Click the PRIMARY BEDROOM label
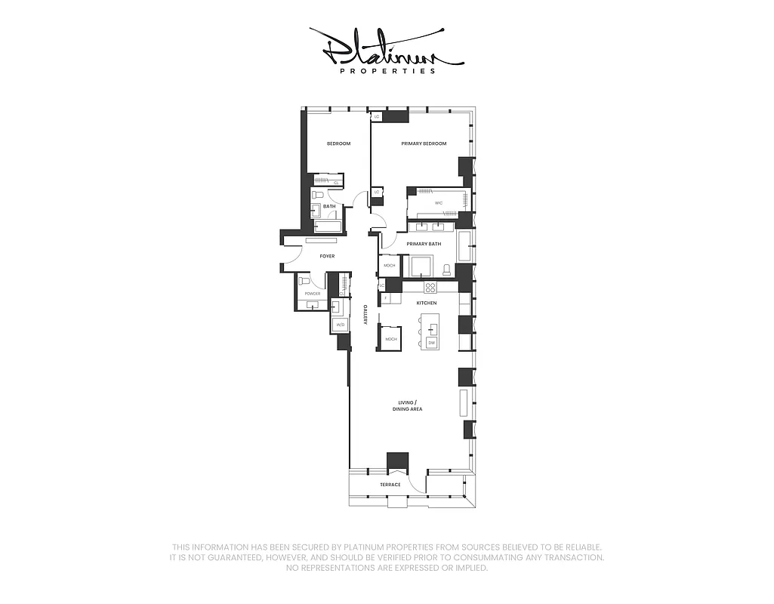point(424,143)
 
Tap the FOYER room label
point(327,257)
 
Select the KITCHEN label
point(427,303)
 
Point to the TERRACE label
point(390,484)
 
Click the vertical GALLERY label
point(365,315)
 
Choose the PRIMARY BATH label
point(424,244)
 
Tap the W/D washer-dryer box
point(340,325)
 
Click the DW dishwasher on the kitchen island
point(432,343)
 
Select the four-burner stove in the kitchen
point(430,287)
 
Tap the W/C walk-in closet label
point(438,204)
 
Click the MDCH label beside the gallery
point(390,339)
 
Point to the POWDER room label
point(313,294)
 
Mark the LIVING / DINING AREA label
point(407,406)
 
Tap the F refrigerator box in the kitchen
point(386,299)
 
